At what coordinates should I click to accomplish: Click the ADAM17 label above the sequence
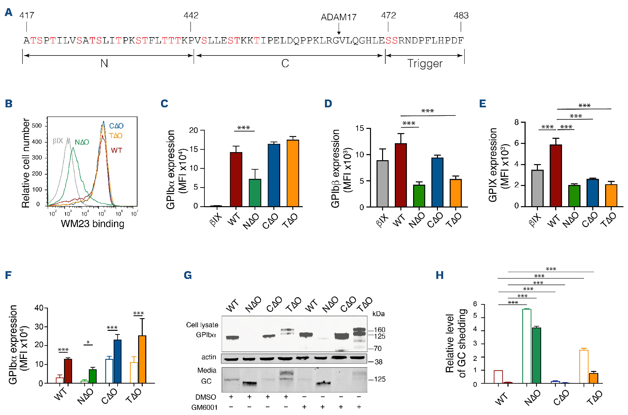tap(338, 17)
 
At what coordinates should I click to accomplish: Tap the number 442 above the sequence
tap(191, 15)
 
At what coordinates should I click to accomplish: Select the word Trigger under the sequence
tap(425, 63)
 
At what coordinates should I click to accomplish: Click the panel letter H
tap(440, 275)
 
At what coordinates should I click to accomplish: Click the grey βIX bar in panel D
tap(382, 183)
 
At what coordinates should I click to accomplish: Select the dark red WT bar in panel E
tap(556, 176)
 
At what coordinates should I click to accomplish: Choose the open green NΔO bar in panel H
tap(526, 346)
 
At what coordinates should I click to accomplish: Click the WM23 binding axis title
tap(92, 224)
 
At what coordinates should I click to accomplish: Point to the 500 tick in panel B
tap(37, 126)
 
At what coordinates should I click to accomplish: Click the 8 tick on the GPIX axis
tap(516, 122)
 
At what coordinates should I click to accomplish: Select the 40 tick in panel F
tap(39, 308)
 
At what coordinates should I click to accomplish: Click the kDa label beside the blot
tap(378, 314)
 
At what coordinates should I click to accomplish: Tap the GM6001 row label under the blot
tap(204, 407)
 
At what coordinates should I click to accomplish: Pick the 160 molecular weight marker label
tap(379, 330)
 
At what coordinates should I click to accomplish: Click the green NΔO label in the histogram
tap(82, 142)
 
